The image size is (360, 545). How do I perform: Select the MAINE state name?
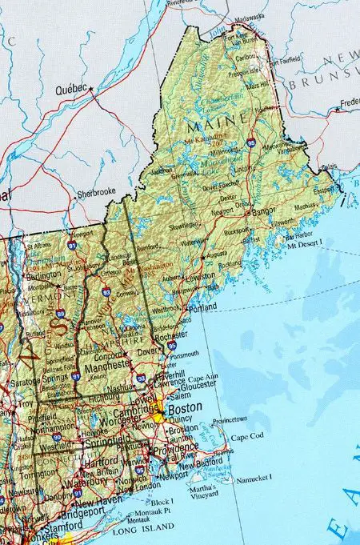point(206,126)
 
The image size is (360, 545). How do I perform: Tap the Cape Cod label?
point(246,438)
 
